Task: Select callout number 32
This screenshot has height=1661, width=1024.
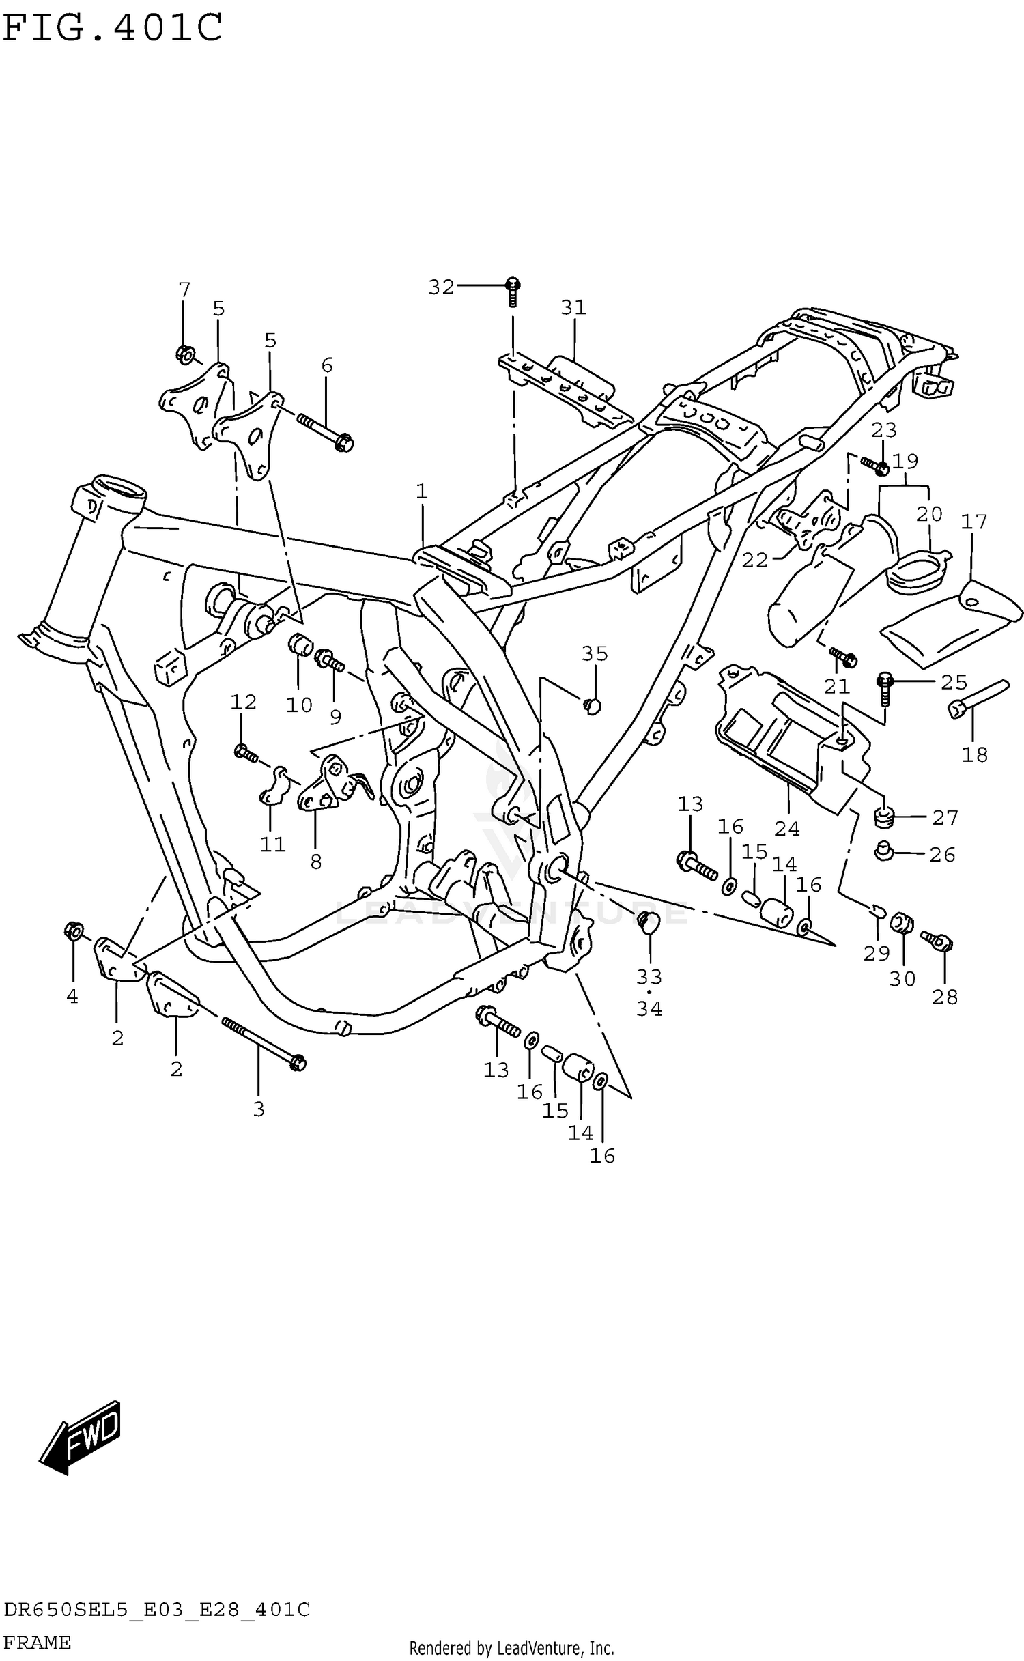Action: pos(441,287)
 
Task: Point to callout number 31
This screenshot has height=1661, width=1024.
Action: pos(573,308)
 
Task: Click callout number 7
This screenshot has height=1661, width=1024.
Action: pos(184,290)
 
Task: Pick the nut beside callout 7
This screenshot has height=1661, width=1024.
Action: pos(184,354)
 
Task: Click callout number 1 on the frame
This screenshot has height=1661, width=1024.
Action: pos(422,491)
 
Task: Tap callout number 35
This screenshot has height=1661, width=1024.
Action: pos(595,654)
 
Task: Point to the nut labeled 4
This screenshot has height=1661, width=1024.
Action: pos(74,931)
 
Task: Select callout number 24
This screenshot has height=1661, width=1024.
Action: pos(786,828)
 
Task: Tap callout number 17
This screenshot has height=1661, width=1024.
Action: pos(974,522)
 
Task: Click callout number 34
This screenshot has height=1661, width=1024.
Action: pos(649,1008)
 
